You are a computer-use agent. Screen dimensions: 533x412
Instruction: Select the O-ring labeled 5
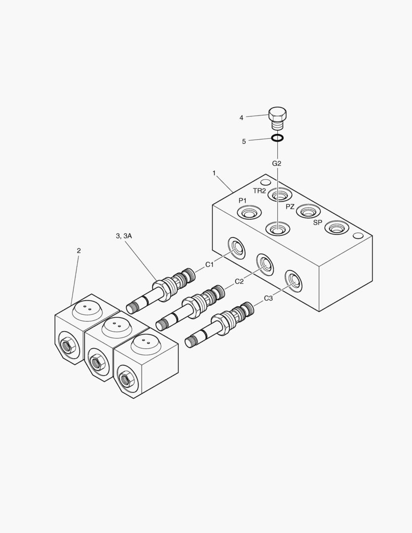click(278, 138)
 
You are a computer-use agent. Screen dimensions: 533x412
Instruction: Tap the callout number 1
click(214, 173)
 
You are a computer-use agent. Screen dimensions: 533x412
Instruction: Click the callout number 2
click(78, 251)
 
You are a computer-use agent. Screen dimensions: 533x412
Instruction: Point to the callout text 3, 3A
click(124, 236)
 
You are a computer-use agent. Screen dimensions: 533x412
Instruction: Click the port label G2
click(277, 163)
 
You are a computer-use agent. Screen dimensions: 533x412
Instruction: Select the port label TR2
click(260, 191)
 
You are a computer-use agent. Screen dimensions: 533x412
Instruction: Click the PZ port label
click(290, 206)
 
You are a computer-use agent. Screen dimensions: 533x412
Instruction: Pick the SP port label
click(318, 223)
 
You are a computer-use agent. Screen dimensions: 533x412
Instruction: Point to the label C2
click(239, 281)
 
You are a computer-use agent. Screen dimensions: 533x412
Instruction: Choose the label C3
click(268, 298)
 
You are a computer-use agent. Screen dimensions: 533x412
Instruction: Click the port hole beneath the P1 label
click(249, 213)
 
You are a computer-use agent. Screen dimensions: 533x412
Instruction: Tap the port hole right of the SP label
click(337, 228)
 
